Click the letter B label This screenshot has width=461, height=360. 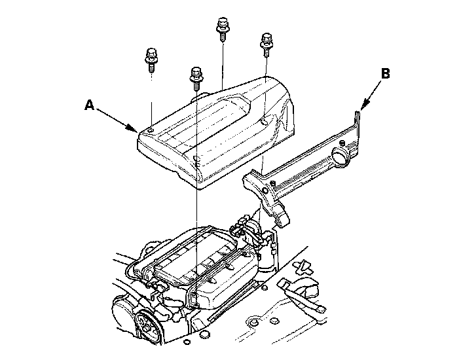(386, 73)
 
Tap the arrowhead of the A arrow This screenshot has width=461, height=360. (136, 130)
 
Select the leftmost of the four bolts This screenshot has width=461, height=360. (151, 60)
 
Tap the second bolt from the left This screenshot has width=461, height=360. (196, 76)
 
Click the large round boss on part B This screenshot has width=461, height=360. (342, 155)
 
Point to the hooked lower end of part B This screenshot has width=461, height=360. (278, 216)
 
